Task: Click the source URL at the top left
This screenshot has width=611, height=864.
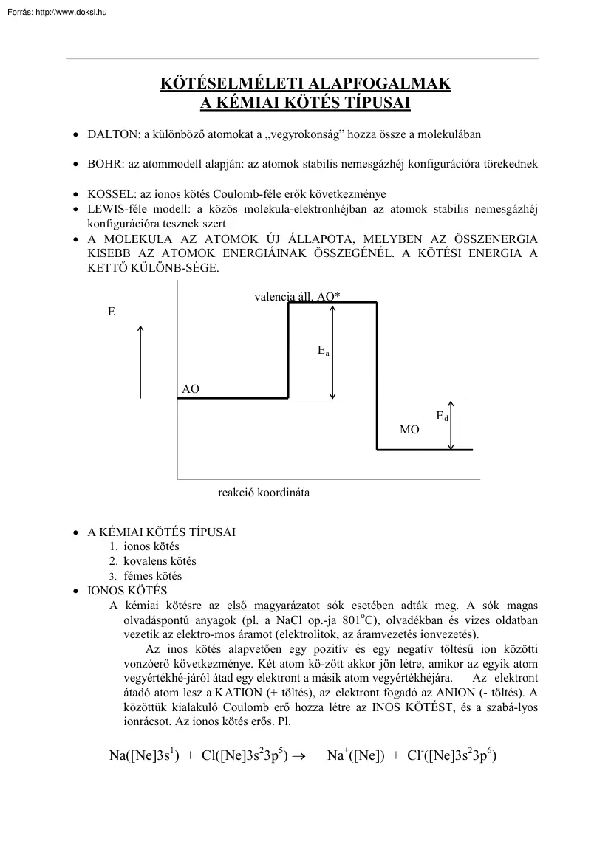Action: pos(56,11)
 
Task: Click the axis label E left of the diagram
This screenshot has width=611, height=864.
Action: pos(112,312)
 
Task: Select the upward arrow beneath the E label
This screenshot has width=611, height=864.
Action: pos(140,362)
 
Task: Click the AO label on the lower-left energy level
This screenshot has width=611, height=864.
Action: pos(191,388)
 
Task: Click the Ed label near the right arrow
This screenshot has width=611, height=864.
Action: pos(442,416)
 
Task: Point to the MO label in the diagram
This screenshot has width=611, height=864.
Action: pos(409,430)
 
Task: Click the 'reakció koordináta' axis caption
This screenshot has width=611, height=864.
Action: pos(264,493)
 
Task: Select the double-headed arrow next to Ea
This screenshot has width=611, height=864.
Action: pos(333,352)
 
